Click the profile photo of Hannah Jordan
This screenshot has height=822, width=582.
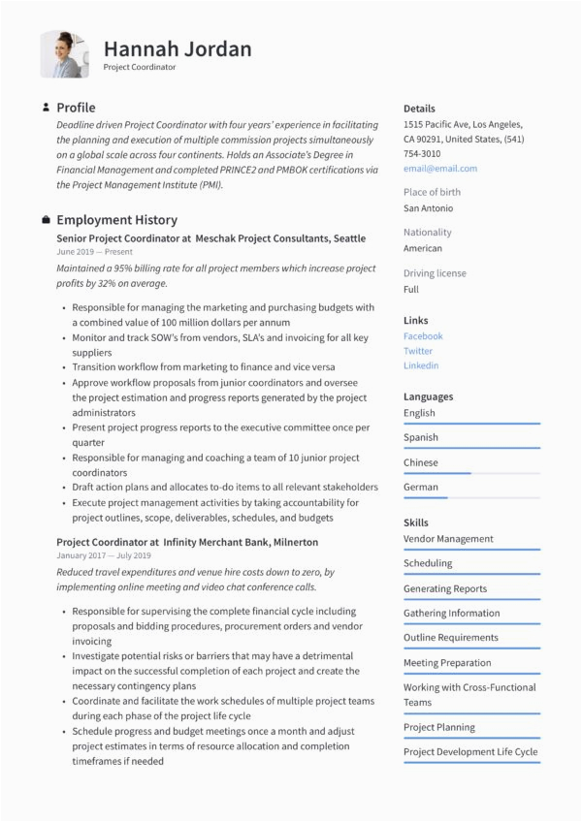(64, 54)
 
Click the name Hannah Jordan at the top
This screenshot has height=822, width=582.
(178, 48)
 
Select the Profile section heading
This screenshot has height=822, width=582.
(76, 108)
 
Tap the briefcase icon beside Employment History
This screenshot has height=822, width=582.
(46, 220)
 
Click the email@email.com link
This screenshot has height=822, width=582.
(440, 169)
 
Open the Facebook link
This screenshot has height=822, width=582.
(423, 336)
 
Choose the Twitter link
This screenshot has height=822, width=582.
(418, 351)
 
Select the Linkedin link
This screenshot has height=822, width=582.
(421, 365)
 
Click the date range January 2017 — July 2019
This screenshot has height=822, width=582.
(104, 556)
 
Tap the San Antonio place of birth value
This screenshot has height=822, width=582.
(428, 208)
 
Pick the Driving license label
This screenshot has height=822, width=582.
(435, 273)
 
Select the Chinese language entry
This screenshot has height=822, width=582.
(421, 462)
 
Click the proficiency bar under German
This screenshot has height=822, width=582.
(471, 497)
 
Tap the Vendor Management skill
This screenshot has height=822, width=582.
(448, 539)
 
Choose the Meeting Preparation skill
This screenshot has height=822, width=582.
(447, 663)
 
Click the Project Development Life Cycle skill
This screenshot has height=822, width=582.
(470, 752)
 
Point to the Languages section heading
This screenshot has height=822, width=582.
(428, 396)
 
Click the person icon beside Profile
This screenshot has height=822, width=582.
(46, 108)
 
